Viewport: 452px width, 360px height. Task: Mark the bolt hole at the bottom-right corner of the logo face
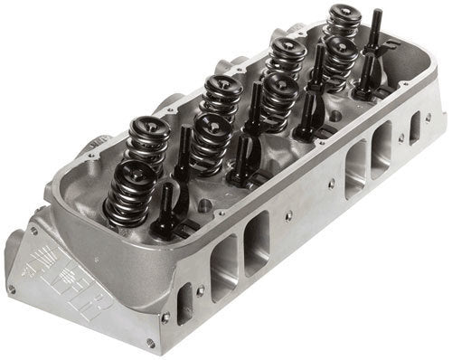(x=149, y=344)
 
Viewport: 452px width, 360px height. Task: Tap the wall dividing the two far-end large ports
(x=368, y=159)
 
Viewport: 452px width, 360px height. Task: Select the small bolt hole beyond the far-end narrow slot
(x=428, y=116)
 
